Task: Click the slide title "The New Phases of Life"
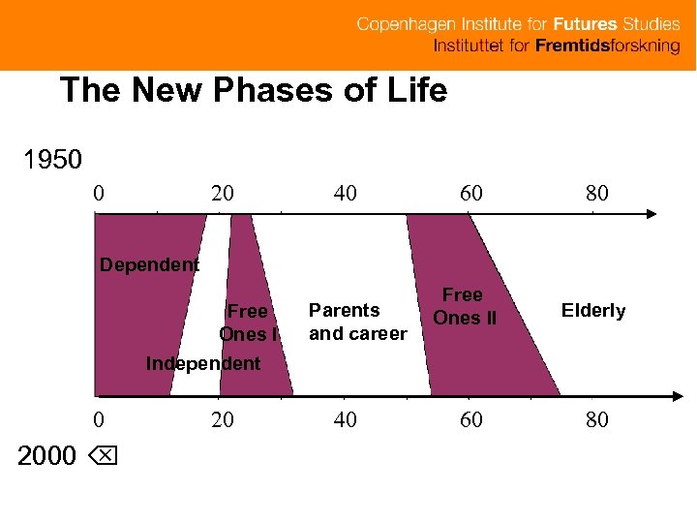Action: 254,91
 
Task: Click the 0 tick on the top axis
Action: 99,194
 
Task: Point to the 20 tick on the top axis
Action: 223,194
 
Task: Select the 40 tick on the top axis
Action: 345,194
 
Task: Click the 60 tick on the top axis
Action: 470,194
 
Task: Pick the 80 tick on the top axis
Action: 597,194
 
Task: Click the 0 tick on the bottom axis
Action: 99,420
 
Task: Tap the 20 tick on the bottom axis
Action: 223,420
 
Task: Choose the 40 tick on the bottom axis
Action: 345,420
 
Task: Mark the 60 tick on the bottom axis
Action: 470,420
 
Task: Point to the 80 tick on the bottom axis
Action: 597,420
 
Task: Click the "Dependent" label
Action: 150,264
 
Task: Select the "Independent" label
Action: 202,364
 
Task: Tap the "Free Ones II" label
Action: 464,306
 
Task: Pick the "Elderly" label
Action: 593,311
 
